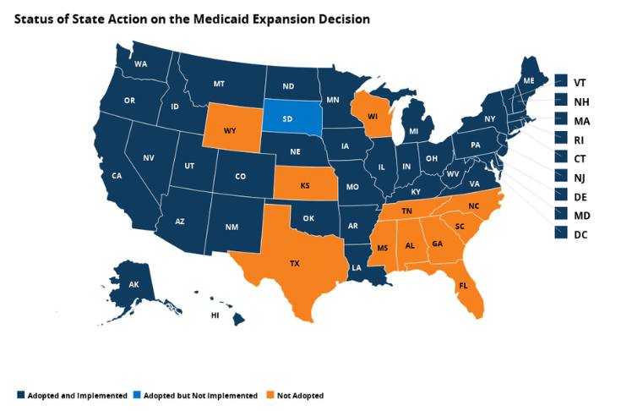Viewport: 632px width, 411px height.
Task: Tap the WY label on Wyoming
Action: click(230, 131)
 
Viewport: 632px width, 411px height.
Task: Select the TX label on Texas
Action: click(295, 264)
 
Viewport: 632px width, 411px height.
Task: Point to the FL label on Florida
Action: click(464, 287)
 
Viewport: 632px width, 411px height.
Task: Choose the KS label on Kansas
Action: click(304, 184)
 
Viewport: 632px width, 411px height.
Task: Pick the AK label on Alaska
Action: click(133, 285)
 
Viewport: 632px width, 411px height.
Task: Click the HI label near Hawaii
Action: click(215, 315)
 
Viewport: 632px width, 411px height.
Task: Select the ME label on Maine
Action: click(529, 80)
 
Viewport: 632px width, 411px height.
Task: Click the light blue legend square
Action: click(138, 395)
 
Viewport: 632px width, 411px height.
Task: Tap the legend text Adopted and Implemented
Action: click(77, 395)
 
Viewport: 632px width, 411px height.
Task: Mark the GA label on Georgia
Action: click(436, 244)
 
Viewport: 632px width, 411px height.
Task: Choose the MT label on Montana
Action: click(219, 85)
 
